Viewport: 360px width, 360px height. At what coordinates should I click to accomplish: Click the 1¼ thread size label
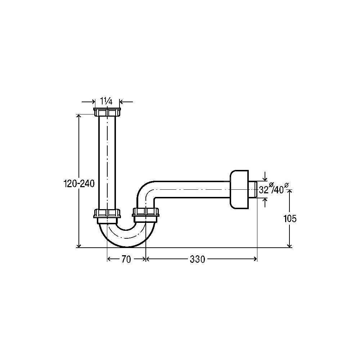pos(107,101)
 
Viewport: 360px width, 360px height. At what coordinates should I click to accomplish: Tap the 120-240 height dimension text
pos(79,184)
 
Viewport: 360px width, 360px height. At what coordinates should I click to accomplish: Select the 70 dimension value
pos(126,259)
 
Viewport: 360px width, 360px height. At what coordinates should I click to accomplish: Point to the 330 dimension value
pos(197,259)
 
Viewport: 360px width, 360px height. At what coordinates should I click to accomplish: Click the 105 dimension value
pos(290,219)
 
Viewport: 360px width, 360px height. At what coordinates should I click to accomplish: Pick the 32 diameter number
pos(264,190)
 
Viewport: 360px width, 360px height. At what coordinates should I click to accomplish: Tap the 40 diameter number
pos(279,190)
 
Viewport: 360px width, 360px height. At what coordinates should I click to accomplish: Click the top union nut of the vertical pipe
pos(107,112)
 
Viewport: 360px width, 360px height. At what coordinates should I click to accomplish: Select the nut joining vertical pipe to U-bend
pos(107,213)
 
